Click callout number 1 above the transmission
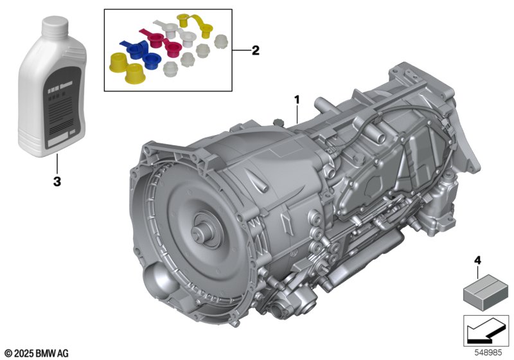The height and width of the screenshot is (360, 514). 297,100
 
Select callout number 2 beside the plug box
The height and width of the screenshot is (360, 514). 255,50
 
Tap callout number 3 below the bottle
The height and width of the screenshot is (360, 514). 57,181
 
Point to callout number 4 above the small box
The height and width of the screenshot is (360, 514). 477,261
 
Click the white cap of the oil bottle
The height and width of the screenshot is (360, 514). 55,26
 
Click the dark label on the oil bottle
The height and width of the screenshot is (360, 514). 64,107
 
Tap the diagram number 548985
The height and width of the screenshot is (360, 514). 488,353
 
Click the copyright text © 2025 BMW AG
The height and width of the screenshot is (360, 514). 37,354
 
